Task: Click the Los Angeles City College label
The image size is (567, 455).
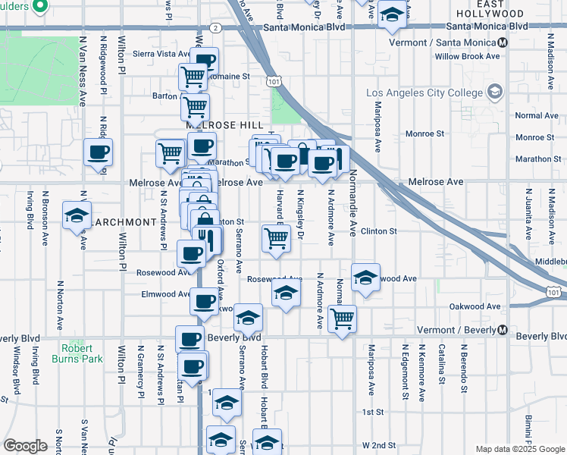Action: [x=424, y=93]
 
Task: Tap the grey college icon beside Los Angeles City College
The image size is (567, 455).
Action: [x=496, y=92]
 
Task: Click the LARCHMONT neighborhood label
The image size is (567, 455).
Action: [x=125, y=222]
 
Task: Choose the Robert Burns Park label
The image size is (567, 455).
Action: [x=77, y=354]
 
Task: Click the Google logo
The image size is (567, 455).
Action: [x=25, y=446]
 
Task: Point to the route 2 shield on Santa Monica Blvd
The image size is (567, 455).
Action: [x=216, y=27]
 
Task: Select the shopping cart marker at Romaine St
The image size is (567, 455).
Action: [x=193, y=76]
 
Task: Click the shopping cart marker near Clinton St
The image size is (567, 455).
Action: [x=276, y=237]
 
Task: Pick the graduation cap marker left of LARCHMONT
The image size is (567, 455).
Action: [x=77, y=215]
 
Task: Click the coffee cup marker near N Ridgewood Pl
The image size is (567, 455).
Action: [x=98, y=151]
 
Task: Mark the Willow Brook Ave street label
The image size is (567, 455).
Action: [x=467, y=56]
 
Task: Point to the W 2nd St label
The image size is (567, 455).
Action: [x=379, y=444]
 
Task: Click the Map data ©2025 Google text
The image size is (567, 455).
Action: [x=519, y=449]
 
